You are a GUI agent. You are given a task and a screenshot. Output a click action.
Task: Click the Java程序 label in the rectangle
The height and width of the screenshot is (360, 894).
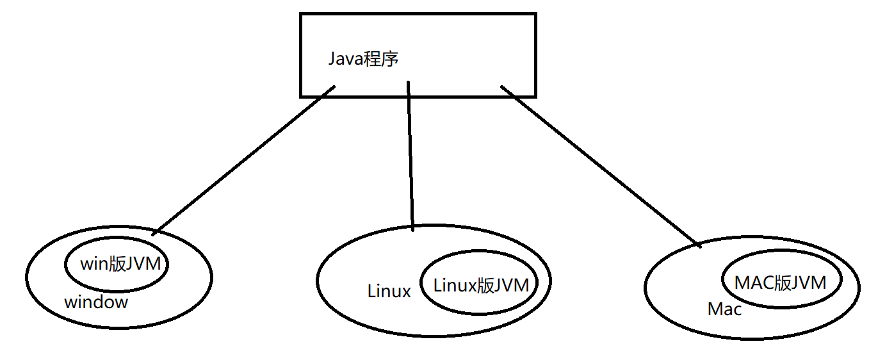(x=363, y=60)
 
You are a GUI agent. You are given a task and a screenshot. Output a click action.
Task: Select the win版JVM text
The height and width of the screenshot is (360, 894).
(x=120, y=263)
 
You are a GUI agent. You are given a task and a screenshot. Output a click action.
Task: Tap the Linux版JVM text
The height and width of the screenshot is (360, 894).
(x=481, y=284)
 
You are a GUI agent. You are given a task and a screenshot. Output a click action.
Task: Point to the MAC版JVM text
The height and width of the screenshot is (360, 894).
(x=780, y=282)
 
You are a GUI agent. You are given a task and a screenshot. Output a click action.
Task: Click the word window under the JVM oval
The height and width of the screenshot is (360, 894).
(x=96, y=302)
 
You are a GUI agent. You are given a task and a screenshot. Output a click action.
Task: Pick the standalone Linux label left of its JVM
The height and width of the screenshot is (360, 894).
(x=389, y=291)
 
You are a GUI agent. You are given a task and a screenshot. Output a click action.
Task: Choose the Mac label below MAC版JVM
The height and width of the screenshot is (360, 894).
(x=724, y=309)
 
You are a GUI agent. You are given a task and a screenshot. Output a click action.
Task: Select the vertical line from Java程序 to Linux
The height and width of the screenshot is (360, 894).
(x=410, y=157)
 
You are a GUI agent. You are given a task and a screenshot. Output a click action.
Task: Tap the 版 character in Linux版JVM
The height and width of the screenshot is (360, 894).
(x=485, y=284)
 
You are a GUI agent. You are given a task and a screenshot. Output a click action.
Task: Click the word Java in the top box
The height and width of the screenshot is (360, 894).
(x=346, y=60)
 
